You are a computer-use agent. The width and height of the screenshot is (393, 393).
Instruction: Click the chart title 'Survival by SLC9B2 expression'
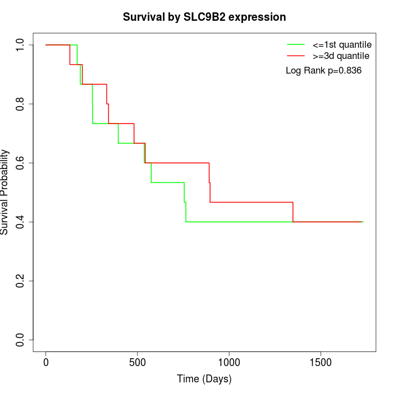[x=204, y=17]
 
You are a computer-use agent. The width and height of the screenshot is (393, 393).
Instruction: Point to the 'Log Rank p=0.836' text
[x=323, y=71]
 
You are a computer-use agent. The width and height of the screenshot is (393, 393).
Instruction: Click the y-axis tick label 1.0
[x=21, y=45]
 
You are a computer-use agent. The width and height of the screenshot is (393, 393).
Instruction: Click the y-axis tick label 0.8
[x=21, y=104]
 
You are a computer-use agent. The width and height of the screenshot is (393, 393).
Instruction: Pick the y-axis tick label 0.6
[x=21, y=163]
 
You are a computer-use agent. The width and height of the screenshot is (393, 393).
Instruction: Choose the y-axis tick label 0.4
[x=21, y=222]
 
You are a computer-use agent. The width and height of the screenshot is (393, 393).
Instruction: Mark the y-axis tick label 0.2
[x=21, y=281]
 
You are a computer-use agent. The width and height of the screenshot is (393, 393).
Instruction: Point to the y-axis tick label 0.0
[x=21, y=340]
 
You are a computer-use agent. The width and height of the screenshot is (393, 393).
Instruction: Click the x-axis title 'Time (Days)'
[x=204, y=379]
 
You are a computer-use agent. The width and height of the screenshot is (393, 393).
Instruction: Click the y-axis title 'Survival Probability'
[x=5, y=192]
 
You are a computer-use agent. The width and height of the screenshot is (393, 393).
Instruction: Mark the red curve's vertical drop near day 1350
[x=293, y=212]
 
